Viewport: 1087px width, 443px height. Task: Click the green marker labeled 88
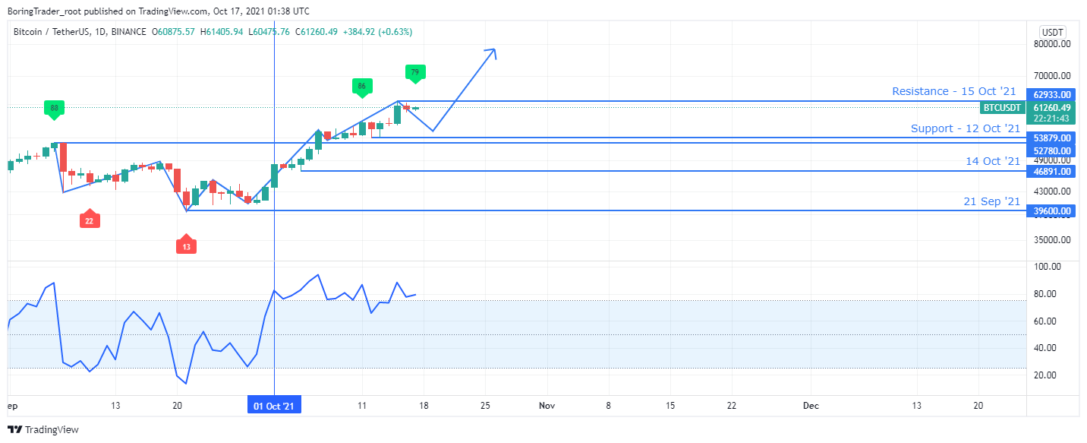click(x=54, y=108)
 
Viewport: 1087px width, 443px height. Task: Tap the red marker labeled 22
click(x=90, y=220)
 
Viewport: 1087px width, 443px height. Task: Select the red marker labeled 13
click(x=187, y=246)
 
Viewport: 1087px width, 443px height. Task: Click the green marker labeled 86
click(x=361, y=87)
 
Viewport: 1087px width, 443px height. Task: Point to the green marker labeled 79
click(x=414, y=73)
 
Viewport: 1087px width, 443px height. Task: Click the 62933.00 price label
click(x=1050, y=95)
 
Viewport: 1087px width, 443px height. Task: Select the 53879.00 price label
click(x=1050, y=138)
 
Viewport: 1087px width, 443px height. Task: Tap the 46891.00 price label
click(x=1050, y=172)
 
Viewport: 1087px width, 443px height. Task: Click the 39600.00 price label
click(x=1050, y=211)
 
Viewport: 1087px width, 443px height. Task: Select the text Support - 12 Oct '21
click(x=966, y=128)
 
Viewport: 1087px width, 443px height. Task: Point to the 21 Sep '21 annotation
click(x=992, y=201)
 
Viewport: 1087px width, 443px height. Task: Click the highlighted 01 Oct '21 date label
click(x=274, y=406)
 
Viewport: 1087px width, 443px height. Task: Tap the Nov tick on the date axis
click(x=547, y=406)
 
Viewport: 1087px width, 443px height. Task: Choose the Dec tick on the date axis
click(x=811, y=406)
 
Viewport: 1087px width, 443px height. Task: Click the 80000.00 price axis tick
click(x=1051, y=44)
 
